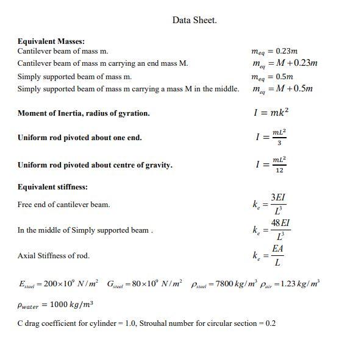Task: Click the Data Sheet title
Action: pos(194,20)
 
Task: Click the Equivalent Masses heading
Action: pos(51,41)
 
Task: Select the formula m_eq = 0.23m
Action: pos(275,52)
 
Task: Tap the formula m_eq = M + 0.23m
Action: pos(285,63)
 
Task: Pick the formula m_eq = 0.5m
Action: pos(273,77)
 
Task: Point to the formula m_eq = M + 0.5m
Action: pos(282,89)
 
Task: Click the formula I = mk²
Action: pos(271,113)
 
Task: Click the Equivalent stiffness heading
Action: pos(52,187)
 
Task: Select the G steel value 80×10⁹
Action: pos(144,284)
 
